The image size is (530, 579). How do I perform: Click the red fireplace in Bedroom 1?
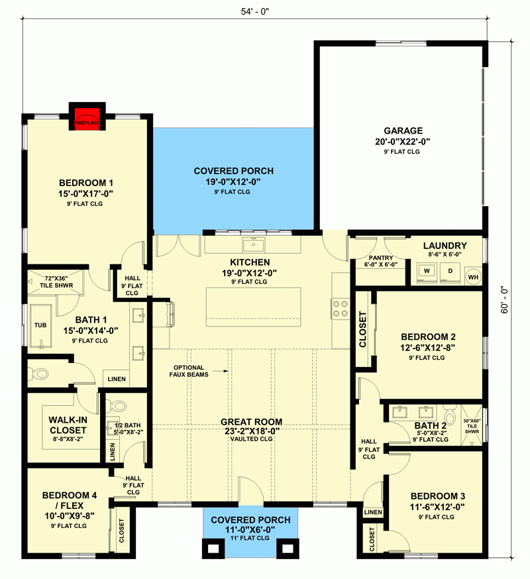(x=87, y=115)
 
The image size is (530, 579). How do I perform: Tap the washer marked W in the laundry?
(x=427, y=271)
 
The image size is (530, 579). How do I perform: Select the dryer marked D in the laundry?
(x=450, y=271)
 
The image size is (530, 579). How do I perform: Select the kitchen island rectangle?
(x=252, y=307)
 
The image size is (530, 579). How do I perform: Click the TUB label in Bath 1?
(x=40, y=325)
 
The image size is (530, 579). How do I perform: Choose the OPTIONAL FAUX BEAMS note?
(x=189, y=371)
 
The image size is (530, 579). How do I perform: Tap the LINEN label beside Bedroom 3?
(x=373, y=512)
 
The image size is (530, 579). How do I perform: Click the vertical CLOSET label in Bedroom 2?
(x=362, y=330)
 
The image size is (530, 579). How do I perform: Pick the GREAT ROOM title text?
(x=252, y=421)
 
